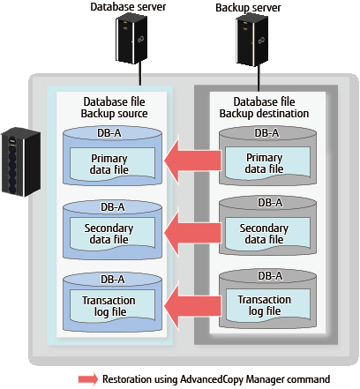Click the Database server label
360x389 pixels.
(x=128, y=7)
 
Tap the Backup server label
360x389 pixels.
(x=248, y=8)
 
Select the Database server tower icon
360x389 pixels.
(x=131, y=38)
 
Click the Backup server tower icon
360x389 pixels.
(x=252, y=40)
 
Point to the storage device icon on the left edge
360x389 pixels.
(x=20, y=161)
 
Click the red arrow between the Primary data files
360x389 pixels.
(x=192, y=161)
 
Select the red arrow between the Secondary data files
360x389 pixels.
(x=192, y=233)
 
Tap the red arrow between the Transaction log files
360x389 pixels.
(x=192, y=306)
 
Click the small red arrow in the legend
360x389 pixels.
(x=88, y=379)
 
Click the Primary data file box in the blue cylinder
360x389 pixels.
(x=112, y=164)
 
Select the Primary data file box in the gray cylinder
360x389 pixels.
(x=267, y=163)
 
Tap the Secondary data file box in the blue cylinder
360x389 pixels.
(x=112, y=234)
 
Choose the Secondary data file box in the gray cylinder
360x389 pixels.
(x=267, y=234)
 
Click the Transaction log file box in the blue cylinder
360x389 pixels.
(x=112, y=306)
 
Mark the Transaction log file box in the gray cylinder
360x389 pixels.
(x=267, y=305)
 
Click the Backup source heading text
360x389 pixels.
(x=114, y=114)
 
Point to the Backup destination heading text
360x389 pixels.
(x=264, y=114)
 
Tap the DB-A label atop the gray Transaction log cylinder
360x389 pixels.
(x=270, y=276)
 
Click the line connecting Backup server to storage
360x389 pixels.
(x=259, y=78)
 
